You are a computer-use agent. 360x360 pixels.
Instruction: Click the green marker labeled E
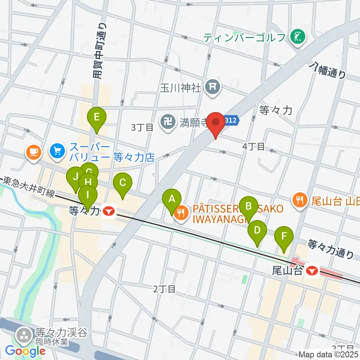(97, 118)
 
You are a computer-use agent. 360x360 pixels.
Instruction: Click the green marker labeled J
(75, 177)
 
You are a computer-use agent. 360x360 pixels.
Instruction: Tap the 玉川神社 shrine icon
(213, 88)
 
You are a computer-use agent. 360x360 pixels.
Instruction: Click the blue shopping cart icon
(57, 151)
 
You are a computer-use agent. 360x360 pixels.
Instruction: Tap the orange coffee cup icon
(33, 151)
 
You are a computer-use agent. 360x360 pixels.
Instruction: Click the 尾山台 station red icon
(312, 270)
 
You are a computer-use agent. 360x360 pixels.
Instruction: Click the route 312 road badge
(231, 120)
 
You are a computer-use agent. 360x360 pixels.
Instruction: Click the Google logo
(25, 351)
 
